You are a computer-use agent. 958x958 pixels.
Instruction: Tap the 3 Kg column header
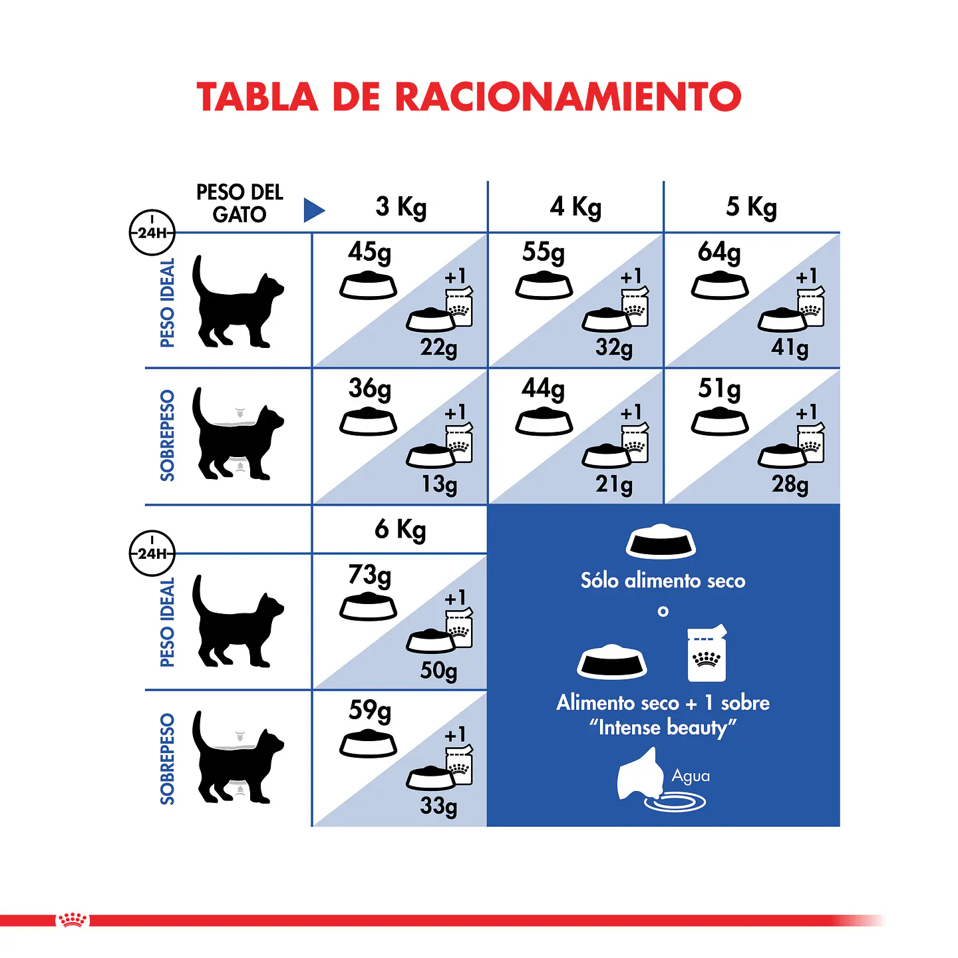coord(400,207)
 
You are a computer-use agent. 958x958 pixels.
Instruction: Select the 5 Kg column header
coord(751,207)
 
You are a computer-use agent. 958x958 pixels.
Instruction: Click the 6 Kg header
coord(400,530)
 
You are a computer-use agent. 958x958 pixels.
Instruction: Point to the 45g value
coord(369,253)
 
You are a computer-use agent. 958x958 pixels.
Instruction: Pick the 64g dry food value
coord(719,253)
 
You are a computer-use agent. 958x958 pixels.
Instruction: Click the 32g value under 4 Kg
coord(613,347)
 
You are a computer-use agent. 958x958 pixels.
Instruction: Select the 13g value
coord(439,484)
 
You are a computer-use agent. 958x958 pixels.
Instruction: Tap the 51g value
coord(719,389)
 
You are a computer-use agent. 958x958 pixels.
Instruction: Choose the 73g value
coord(369,575)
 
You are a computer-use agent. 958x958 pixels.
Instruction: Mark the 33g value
coord(438,806)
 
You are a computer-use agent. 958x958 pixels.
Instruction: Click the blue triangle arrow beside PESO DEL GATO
coord(313,210)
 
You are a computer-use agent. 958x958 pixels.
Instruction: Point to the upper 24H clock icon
coord(152,232)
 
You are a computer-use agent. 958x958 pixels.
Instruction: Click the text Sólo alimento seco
coord(663,581)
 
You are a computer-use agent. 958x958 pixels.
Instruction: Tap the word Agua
coord(691,776)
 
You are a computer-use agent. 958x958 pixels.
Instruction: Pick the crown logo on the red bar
coord(73,920)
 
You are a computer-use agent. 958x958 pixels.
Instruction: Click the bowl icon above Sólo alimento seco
coord(661,542)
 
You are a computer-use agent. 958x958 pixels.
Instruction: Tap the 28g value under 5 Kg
coord(790,484)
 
